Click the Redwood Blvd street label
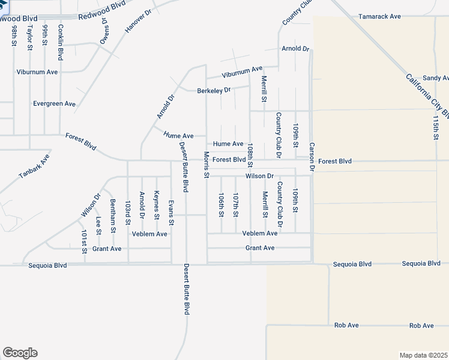(x=102, y=8)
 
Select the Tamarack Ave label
(x=379, y=16)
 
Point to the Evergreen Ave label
(x=55, y=104)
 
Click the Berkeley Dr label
(x=214, y=91)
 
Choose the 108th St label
(x=250, y=155)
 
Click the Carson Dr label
(x=312, y=155)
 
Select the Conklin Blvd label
(x=61, y=42)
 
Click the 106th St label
(x=221, y=205)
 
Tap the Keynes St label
(x=156, y=205)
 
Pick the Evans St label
(x=171, y=213)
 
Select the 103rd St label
(x=127, y=213)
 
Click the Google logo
(x=20, y=353)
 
